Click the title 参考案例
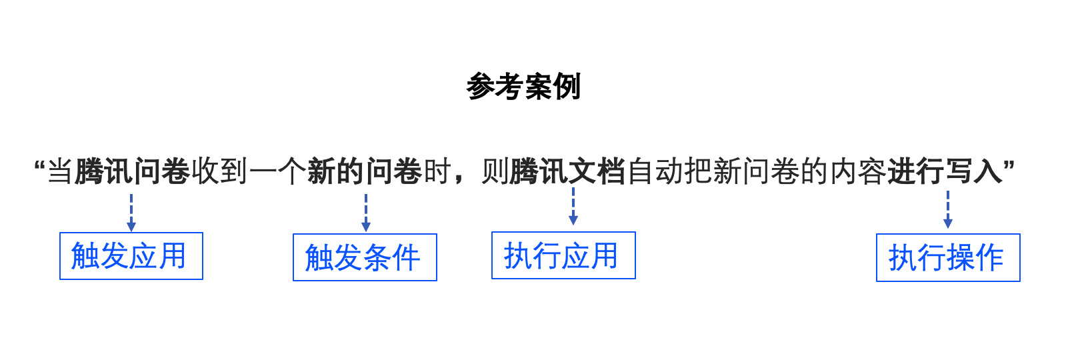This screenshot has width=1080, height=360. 523,87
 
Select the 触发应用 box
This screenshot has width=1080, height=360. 131,256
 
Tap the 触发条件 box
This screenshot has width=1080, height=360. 365,257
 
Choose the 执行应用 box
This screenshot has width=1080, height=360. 563,255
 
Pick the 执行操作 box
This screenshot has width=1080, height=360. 949,258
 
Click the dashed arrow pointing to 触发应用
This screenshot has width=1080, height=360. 131,213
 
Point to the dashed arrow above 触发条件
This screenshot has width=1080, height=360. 366,213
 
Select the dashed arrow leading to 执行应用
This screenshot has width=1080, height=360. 573,206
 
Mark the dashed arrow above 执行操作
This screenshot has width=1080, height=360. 948,209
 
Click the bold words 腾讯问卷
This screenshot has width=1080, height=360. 133,171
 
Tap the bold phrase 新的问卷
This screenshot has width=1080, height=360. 365,171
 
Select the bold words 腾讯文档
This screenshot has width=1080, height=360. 567,171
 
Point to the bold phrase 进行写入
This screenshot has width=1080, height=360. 945,171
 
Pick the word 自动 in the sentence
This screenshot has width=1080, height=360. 655,171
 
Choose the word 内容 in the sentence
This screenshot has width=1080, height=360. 858,171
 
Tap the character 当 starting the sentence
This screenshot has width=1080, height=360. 60,171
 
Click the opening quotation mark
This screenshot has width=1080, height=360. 39,166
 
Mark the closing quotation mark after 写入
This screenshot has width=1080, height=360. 1009,166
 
